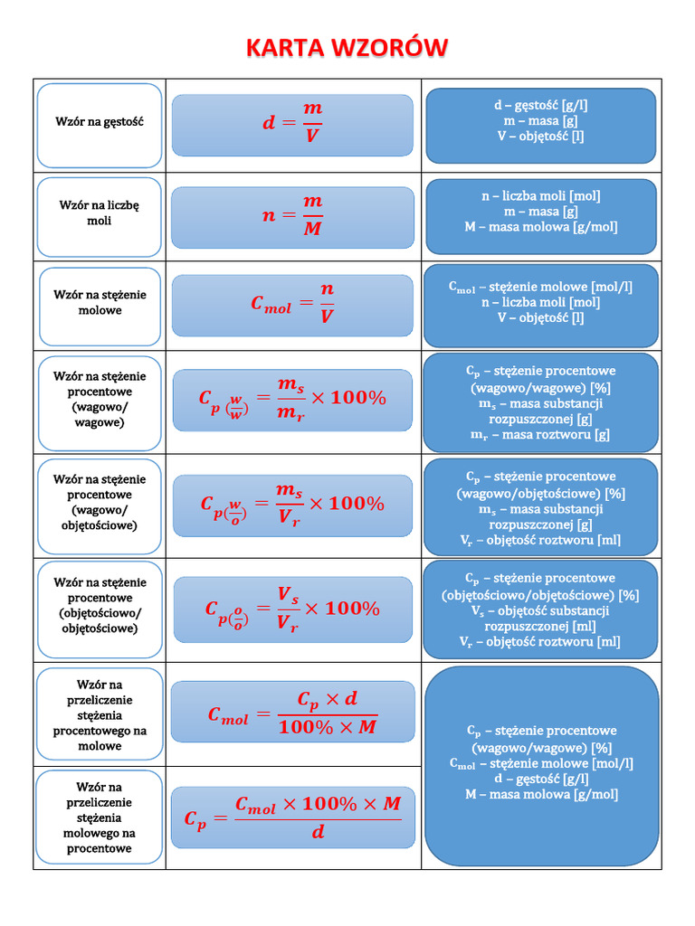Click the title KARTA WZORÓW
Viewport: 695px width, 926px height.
click(x=347, y=48)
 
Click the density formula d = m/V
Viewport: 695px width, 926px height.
click(x=292, y=122)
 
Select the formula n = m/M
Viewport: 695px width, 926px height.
click(x=292, y=215)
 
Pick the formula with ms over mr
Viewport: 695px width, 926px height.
click(x=292, y=398)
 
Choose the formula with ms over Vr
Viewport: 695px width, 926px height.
click(x=292, y=505)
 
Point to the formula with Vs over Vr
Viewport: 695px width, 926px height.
click(x=292, y=608)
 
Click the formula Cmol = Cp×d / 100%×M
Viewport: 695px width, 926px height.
click(x=292, y=713)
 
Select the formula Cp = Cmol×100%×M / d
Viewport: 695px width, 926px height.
click(x=292, y=817)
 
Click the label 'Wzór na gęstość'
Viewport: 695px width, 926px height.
click(x=100, y=121)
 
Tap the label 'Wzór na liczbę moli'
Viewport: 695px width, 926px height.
click(x=100, y=213)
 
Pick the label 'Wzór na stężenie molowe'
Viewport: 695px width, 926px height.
click(x=100, y=302)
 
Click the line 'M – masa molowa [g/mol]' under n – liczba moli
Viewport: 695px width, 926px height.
click(x=541, y=227)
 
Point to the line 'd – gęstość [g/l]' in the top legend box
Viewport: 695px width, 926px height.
click(x=541, y=105)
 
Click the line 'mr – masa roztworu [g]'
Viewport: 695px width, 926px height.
click(x=540, y=435)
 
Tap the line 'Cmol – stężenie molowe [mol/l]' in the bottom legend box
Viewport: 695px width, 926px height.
click(x=541, y=763)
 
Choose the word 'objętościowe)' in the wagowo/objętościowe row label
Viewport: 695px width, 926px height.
click(x=100, y=524)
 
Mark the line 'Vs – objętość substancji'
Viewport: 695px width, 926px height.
click(x=540, y=610)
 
